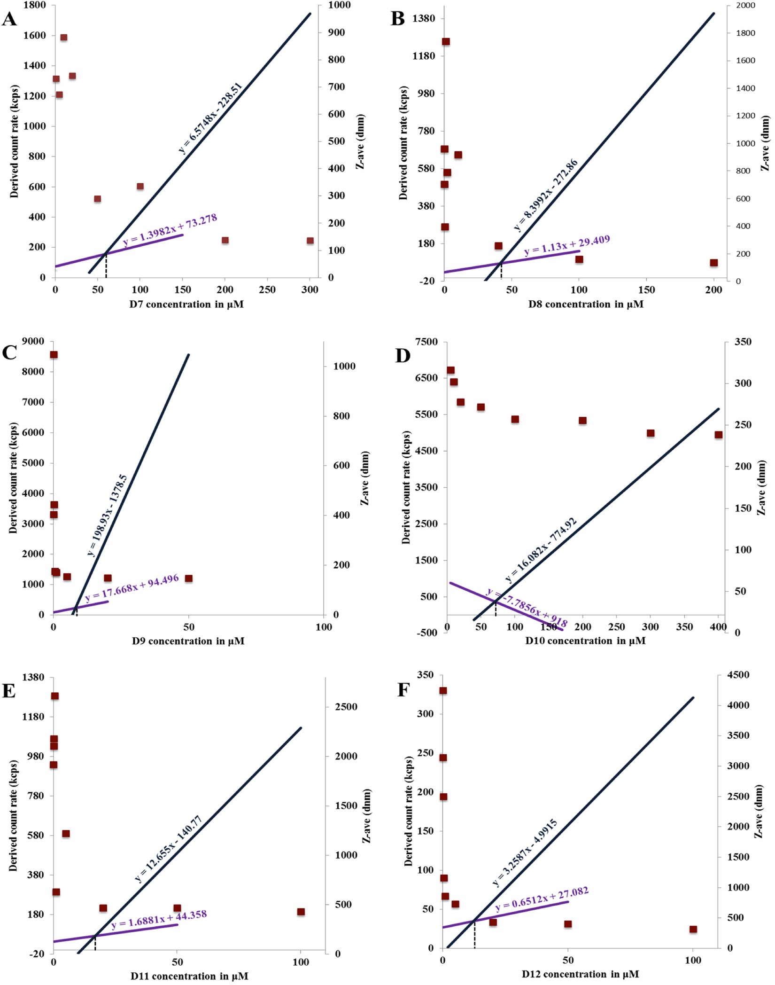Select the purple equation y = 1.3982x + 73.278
170,230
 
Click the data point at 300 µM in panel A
310,241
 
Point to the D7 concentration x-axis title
186,304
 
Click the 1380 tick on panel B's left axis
424,18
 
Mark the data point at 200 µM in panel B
713,263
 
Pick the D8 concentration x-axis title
586,304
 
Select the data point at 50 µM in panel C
189,578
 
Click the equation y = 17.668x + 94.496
132,588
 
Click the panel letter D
403,356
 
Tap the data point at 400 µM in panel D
718,435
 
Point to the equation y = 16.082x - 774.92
541,550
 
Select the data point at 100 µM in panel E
301,912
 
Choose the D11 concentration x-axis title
189,976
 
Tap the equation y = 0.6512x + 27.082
542,899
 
